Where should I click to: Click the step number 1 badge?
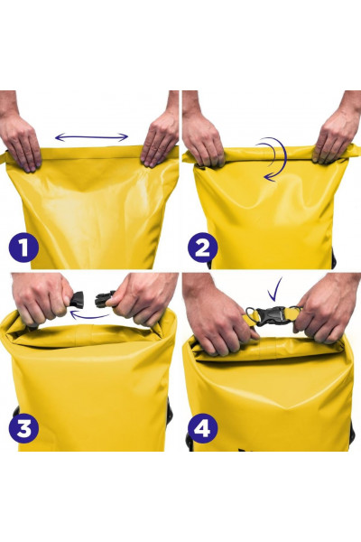(23, 248)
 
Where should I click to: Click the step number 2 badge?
(203, 248)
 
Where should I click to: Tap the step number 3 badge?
(23, 428)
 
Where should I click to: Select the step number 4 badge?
(203, 428)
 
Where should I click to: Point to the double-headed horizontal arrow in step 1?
(91, 137)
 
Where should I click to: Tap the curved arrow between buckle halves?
(89, 315)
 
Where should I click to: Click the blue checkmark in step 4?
(275, 289)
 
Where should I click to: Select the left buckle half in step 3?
(77, 299)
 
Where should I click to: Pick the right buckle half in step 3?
(105, 299)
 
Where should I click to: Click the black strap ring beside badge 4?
(190, 441)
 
